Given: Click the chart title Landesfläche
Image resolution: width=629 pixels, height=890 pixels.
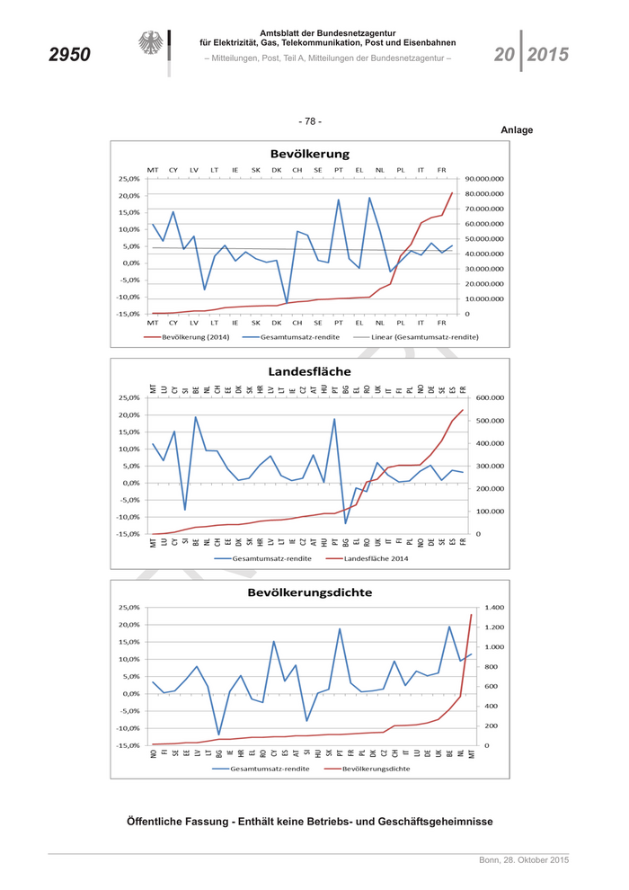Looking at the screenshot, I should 309,370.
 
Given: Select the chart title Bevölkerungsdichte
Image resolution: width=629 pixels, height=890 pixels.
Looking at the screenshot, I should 309,592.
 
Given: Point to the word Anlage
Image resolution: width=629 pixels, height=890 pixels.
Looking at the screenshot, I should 517,130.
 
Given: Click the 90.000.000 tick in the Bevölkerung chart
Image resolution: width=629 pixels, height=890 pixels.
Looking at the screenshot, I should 483,178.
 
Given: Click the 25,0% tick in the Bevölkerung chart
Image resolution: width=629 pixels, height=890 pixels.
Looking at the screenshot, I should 128,178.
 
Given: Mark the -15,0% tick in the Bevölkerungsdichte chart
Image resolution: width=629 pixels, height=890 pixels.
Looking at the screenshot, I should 128,745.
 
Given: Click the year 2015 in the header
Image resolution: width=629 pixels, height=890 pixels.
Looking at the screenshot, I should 547,55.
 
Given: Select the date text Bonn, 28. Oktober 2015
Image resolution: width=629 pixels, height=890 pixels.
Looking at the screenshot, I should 523,862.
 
